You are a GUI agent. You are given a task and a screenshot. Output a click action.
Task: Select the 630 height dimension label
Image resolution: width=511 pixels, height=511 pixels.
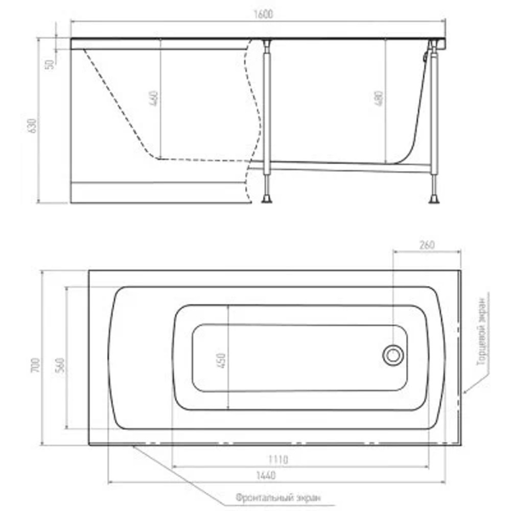pos(33,126)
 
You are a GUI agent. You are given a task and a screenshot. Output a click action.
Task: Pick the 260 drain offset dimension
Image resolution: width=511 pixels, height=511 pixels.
pos(426,244)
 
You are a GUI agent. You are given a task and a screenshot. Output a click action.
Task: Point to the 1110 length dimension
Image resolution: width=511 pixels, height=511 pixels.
pos(278,459)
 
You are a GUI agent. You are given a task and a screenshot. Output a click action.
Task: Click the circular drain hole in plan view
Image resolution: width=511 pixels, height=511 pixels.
pos(392,355)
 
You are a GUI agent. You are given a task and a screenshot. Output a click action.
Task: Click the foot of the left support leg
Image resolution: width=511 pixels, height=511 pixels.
pos(267,198)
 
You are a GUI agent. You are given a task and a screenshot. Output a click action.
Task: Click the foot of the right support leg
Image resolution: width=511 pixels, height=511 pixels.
pos(434,198)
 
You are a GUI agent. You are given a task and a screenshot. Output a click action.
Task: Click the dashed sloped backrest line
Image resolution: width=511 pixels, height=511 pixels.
pos(118,102)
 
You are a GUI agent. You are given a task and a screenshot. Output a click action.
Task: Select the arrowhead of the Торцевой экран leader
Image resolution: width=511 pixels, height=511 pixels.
pos(465,392)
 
